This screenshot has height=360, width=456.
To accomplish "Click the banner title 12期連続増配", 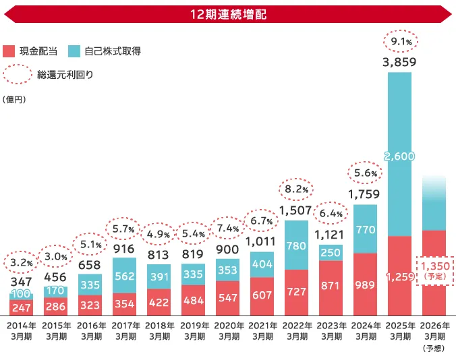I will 228,14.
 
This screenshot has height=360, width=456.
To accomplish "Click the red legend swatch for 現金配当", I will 9,51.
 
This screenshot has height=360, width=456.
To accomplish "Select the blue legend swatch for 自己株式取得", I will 75,51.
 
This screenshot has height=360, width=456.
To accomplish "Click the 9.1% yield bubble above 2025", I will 400,42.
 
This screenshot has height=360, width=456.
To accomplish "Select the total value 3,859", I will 399,62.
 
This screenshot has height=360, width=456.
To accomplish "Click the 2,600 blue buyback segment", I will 399,156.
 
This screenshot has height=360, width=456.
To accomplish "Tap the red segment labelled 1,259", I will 399,276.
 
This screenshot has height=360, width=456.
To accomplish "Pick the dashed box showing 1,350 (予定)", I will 435,270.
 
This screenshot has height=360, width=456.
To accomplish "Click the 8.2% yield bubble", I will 295,189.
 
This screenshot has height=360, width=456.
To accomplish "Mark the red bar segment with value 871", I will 330,288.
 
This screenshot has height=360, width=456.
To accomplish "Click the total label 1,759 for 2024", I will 365,195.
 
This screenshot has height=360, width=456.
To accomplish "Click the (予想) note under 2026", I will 434,349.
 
